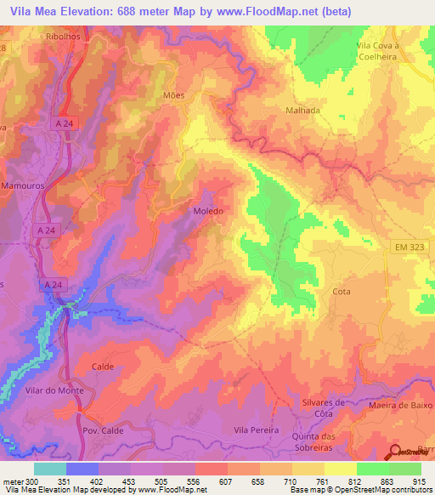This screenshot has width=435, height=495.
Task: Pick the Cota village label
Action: tap(342, 291)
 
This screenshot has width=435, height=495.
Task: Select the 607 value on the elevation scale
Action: tap(226, 482)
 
